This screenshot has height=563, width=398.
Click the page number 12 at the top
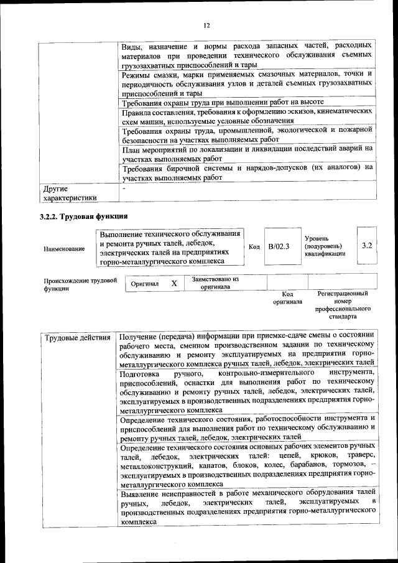click(x=206, y=26)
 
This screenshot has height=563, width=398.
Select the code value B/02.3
click(x=279, y=246)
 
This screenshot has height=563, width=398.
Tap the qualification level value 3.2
click(x=366, y=246)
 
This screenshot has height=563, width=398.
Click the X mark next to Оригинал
click(x=174, y=284)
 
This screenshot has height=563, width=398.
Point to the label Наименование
click(x=64, y=249)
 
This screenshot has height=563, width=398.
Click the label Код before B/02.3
click(x=254, y=247)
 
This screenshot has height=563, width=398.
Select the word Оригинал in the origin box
click(x=145, y=284)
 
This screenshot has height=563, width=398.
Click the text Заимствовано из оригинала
click(x=215, y=283)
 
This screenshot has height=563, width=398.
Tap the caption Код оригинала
click(x=287, y=297)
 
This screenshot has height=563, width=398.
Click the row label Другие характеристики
click(x=69, y=193)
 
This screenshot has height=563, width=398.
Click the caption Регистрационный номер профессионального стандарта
click(x=343, y=305)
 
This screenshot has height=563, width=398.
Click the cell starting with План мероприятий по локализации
click(x=247, y=153)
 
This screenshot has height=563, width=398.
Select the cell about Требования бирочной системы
click(x=247, y=172)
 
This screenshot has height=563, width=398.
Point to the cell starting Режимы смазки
click(x=247, y=83)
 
